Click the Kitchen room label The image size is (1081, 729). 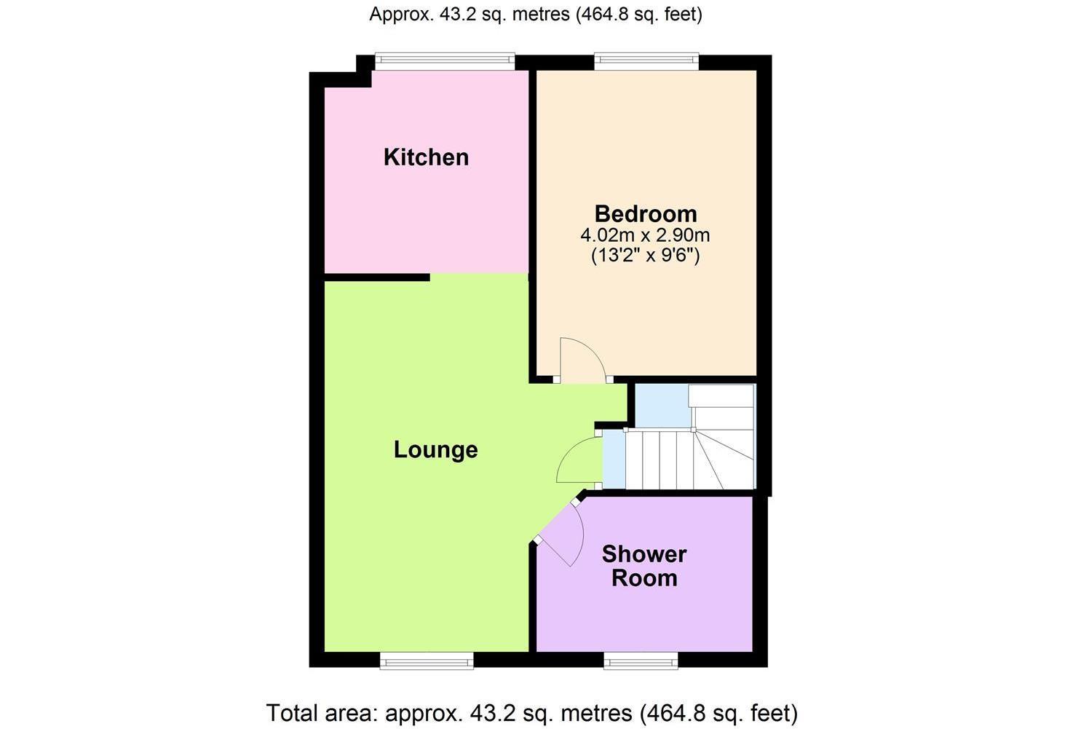(x=426, y=157)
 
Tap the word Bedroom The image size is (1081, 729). (x=646, y=214)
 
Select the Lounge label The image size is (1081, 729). (x=436, y=450)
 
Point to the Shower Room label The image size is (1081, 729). (x=644, y=566)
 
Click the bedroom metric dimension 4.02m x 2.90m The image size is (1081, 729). (x=645, y=236)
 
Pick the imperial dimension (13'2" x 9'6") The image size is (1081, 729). (x=645, y=255)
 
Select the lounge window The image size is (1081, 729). (x=427, y=661)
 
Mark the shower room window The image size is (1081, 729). (x=641, y=661)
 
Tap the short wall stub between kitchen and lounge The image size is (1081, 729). (x=377, y=277)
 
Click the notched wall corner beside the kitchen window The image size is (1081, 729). (x=364, y=71)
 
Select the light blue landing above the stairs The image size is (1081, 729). (x=662, y=406)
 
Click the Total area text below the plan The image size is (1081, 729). (x=532, y=713)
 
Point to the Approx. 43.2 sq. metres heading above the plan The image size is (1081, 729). (x=536, y=15)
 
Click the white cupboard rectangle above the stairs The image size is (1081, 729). (x=721, y=395)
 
